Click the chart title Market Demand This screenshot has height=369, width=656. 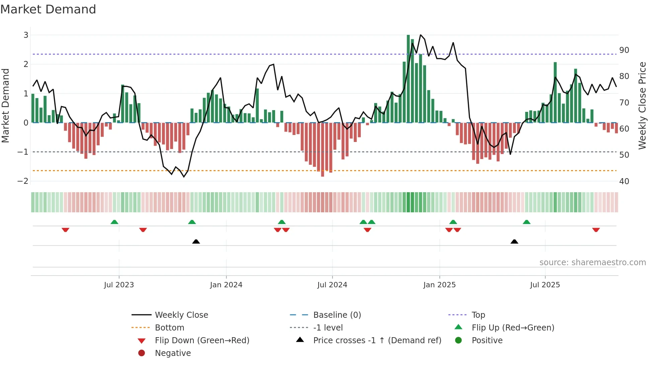click(48, 9)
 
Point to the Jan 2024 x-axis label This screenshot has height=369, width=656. click(226, 285)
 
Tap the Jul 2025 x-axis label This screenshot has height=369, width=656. click(545, 285)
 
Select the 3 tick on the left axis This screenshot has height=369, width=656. click(26, 35)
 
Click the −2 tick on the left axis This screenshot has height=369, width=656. click(23, 181)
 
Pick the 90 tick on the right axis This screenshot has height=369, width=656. click(624, 50)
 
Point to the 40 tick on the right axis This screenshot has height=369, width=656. click(624, 181)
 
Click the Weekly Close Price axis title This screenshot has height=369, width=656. click(642, 105)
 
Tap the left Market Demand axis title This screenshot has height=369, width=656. click(6, 105)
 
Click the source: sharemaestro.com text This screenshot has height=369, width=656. click(592, 263)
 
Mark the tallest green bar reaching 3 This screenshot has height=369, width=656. click(408, 79)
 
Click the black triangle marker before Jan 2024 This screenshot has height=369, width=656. click(196, 241)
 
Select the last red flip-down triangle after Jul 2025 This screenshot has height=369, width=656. click(596, 230)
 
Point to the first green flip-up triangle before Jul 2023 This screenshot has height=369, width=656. click(114, 222)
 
